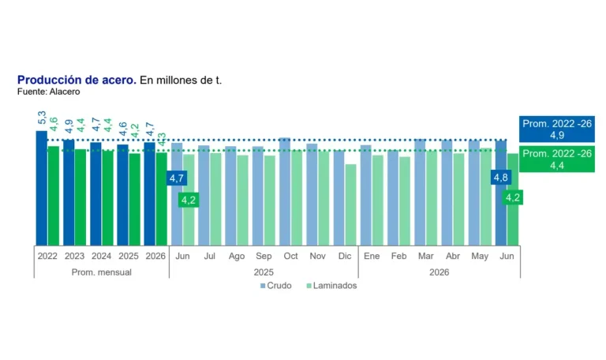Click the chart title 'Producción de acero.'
[77, 80]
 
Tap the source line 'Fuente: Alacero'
[49, 92]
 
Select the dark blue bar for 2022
[42, 188]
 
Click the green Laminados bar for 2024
[108, 198]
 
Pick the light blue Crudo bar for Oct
[285, 191]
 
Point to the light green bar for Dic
[351, 205]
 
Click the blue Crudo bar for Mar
[420, 192]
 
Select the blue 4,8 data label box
[501, 178]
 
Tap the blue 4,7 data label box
[177, 178]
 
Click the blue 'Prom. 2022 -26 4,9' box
[557, 129]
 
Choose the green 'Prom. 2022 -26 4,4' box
[557, 159]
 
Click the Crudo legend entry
[276, 286]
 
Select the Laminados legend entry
[331, 286]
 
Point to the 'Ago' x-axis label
[237, 256]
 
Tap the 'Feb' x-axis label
[398, 256]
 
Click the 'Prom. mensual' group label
[102, 272]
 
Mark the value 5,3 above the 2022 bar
[42, 118]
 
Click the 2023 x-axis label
[75, 256]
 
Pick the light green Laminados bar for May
[486, 197]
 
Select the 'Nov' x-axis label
[318, 256]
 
